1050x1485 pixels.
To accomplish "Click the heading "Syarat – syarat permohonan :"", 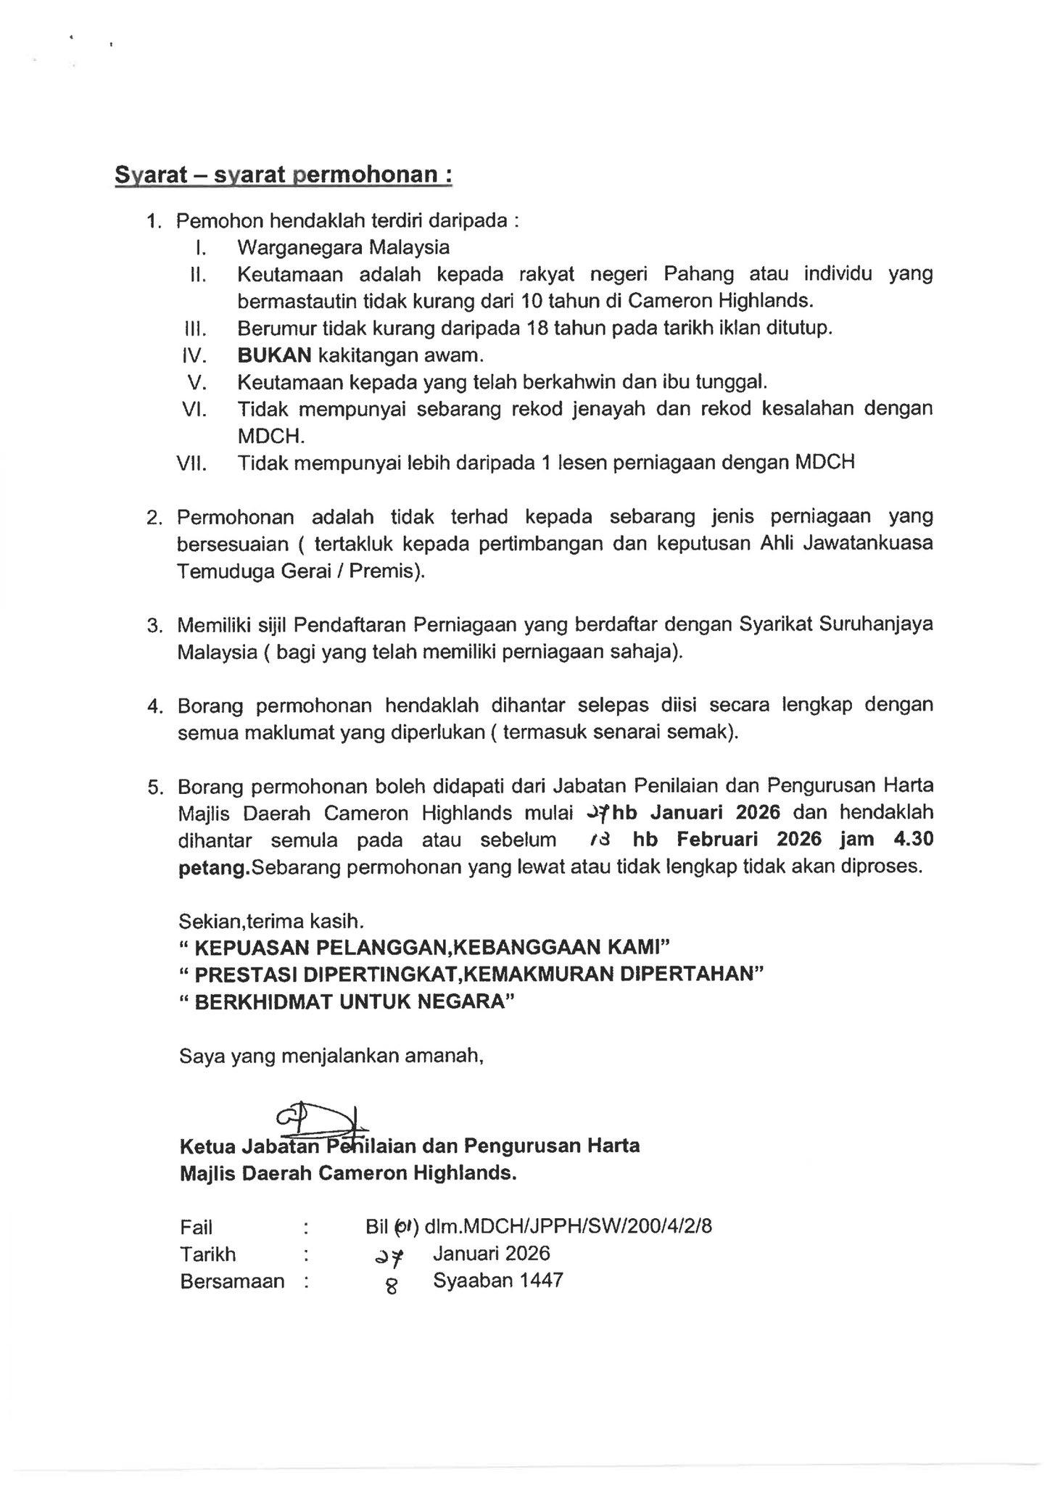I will (284, 175).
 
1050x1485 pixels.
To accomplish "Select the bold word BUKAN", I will (274, 355).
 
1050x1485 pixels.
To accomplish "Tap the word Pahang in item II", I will (698, 274).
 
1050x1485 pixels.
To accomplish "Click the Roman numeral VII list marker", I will (192, 463).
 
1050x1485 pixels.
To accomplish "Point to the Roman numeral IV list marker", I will (194, 355).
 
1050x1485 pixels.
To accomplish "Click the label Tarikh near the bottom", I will (208, 1254).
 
